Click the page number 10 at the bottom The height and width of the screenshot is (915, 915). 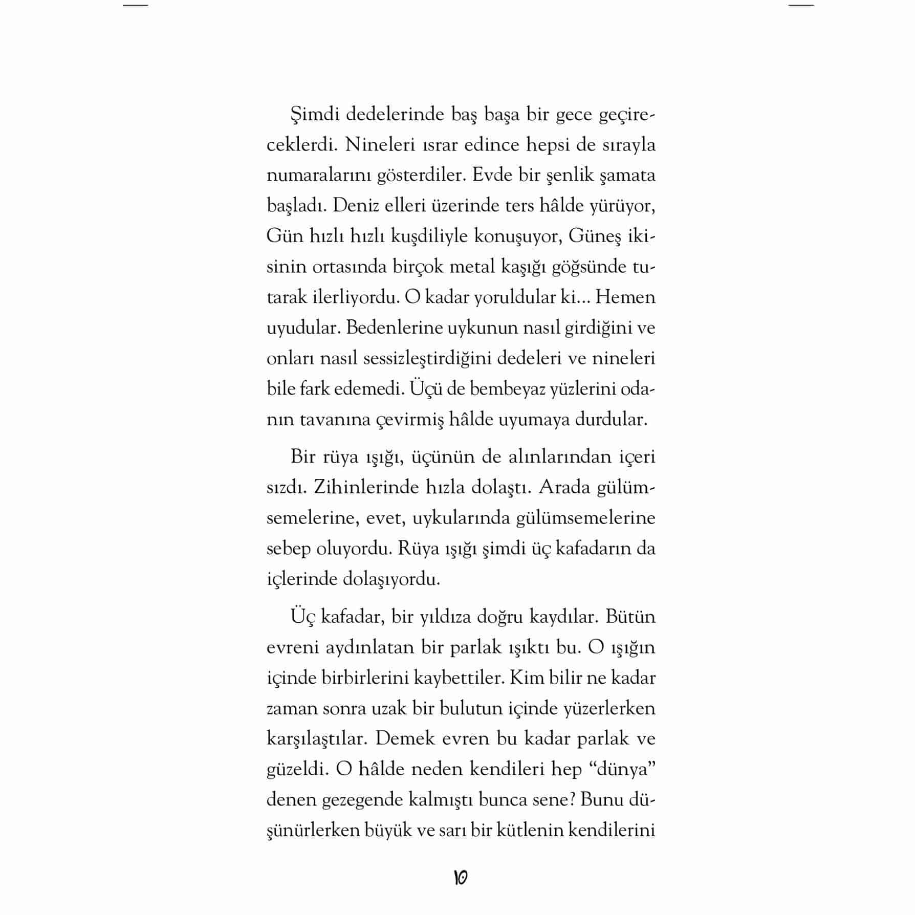point(460,877)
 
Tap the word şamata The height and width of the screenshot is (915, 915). point(627,176)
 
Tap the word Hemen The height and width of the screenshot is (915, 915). point(625,297)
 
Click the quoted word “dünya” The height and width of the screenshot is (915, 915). point(622,769)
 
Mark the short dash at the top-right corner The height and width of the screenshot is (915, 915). point(800,5)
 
